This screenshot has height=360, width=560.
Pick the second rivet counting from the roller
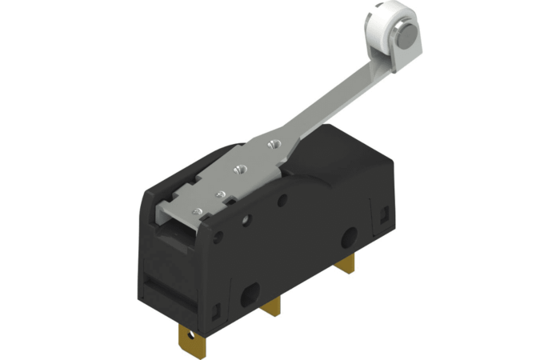[238, 169]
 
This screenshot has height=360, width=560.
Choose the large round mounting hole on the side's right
[349, 238]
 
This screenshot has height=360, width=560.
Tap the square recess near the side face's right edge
[385, 214]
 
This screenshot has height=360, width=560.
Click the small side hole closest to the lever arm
[281, 201]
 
